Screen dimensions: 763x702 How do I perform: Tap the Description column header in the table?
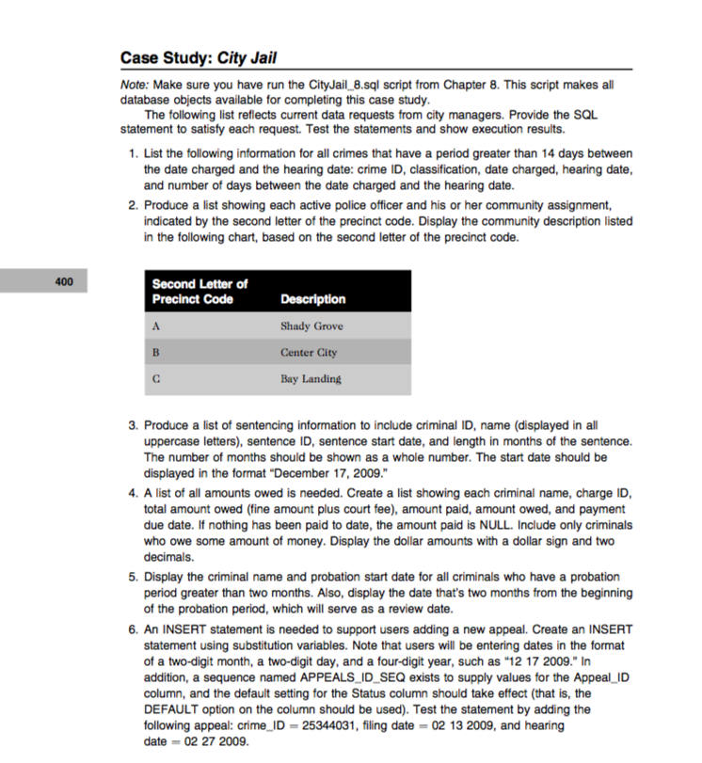[312, 299]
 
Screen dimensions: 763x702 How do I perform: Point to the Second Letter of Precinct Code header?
[199, 292]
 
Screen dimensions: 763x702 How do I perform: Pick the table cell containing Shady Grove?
[311, 326]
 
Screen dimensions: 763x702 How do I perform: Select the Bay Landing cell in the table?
[311, 379]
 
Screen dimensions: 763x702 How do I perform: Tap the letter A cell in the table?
[156, 326]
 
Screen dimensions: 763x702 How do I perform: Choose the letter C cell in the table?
[156, 379]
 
